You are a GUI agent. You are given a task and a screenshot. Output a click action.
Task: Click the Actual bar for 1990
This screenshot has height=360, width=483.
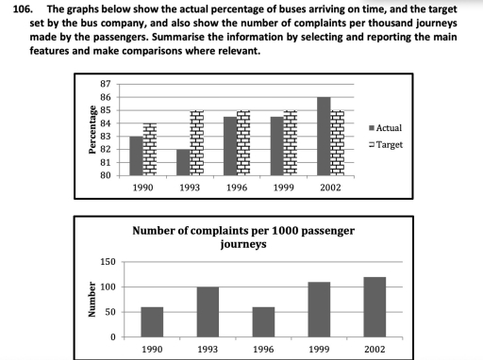136,155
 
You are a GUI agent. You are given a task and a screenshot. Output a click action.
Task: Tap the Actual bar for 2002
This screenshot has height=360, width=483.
323,136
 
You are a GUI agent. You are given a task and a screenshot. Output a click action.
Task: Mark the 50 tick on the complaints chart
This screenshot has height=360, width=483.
109,312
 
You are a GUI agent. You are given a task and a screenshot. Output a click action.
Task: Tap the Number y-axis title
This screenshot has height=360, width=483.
92,300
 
